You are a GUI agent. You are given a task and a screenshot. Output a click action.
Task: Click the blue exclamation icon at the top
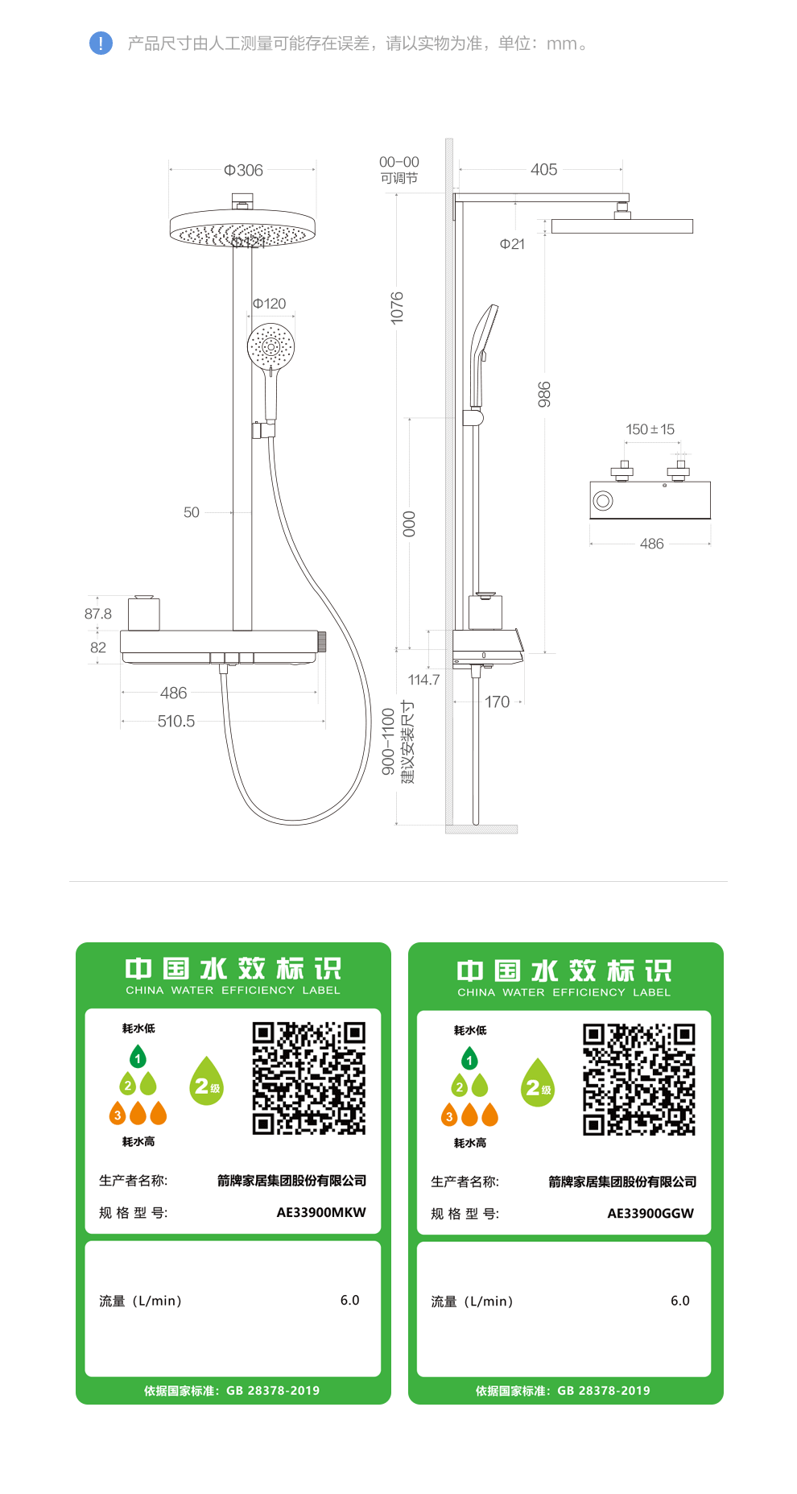(x=101, y=43)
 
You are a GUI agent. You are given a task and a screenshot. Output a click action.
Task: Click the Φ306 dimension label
(x=243, y=170)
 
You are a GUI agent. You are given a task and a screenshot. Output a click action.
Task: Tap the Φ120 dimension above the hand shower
(x=270, y=304)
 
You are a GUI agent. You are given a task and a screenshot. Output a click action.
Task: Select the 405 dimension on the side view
(x=543, y=169)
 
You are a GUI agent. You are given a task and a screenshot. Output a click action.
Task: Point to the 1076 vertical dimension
(x=397, y=308)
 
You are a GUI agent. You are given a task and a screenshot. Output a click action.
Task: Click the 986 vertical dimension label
(x=544, y=394)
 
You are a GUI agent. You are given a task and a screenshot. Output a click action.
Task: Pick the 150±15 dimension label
(x=650, y=429)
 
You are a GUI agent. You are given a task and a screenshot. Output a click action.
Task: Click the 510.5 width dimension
(x=176, y=721)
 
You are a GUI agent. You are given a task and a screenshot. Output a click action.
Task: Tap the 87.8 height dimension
(x=98, y=614)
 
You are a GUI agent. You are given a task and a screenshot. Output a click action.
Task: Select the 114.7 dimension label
(x=423, y=680)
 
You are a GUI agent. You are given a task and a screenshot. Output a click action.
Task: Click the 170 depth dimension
(x=497, y=701)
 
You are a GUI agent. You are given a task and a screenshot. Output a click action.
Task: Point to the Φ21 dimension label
(x=512, y=244)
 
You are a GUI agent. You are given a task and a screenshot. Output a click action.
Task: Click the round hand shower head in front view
(x=271, y=347)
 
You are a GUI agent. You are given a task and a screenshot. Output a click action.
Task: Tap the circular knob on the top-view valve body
(x=603, y=501)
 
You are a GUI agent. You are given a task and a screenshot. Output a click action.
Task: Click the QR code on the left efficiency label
(x=309, y=1078)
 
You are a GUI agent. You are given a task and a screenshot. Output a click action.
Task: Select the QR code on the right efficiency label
(x=639, y=1080)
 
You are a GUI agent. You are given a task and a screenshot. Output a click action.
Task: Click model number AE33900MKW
(x=321, y=1212)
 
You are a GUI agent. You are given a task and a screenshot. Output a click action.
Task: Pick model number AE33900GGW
(x=650, y=1213)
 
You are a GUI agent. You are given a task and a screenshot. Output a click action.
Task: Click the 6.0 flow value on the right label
(x=680, y=1301)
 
